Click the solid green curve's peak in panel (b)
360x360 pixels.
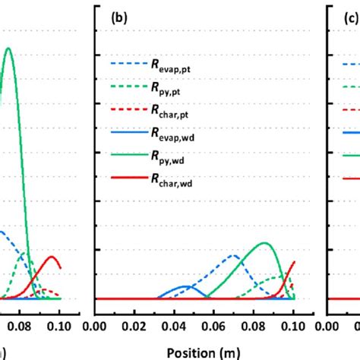click(264, 243)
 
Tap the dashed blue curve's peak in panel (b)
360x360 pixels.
click(235, 255)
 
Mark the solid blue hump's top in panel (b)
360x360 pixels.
click(185, 287)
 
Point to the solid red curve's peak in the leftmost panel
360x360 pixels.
click(52, 256)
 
